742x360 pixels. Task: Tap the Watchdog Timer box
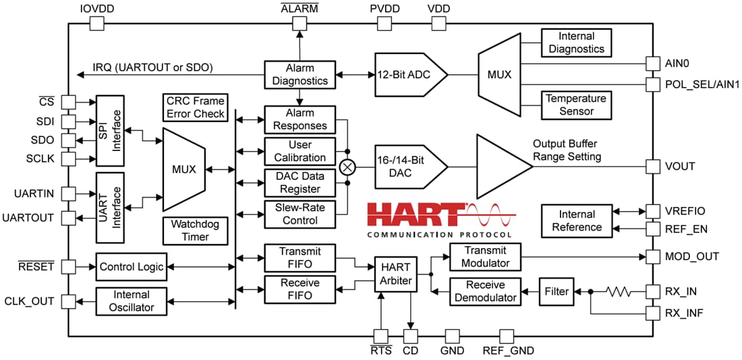[x=196, y=231]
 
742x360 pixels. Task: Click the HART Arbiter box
[x=395, y=274]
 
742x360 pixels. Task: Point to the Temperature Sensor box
[x=576, y=104]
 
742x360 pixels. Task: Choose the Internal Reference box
[x=576, y=220]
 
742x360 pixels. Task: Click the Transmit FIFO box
[x=299, y=258]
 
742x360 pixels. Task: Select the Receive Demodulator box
[x=486, y=291]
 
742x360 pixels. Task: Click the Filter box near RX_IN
[x=555, y=292]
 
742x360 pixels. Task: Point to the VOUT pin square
[x=652, y=166]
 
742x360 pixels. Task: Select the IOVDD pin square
[x=97, y=24]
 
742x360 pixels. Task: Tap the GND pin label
[x=451, y=350]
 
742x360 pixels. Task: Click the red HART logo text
[x=415, y=214]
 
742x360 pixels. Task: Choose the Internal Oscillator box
[x=133, y=301]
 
